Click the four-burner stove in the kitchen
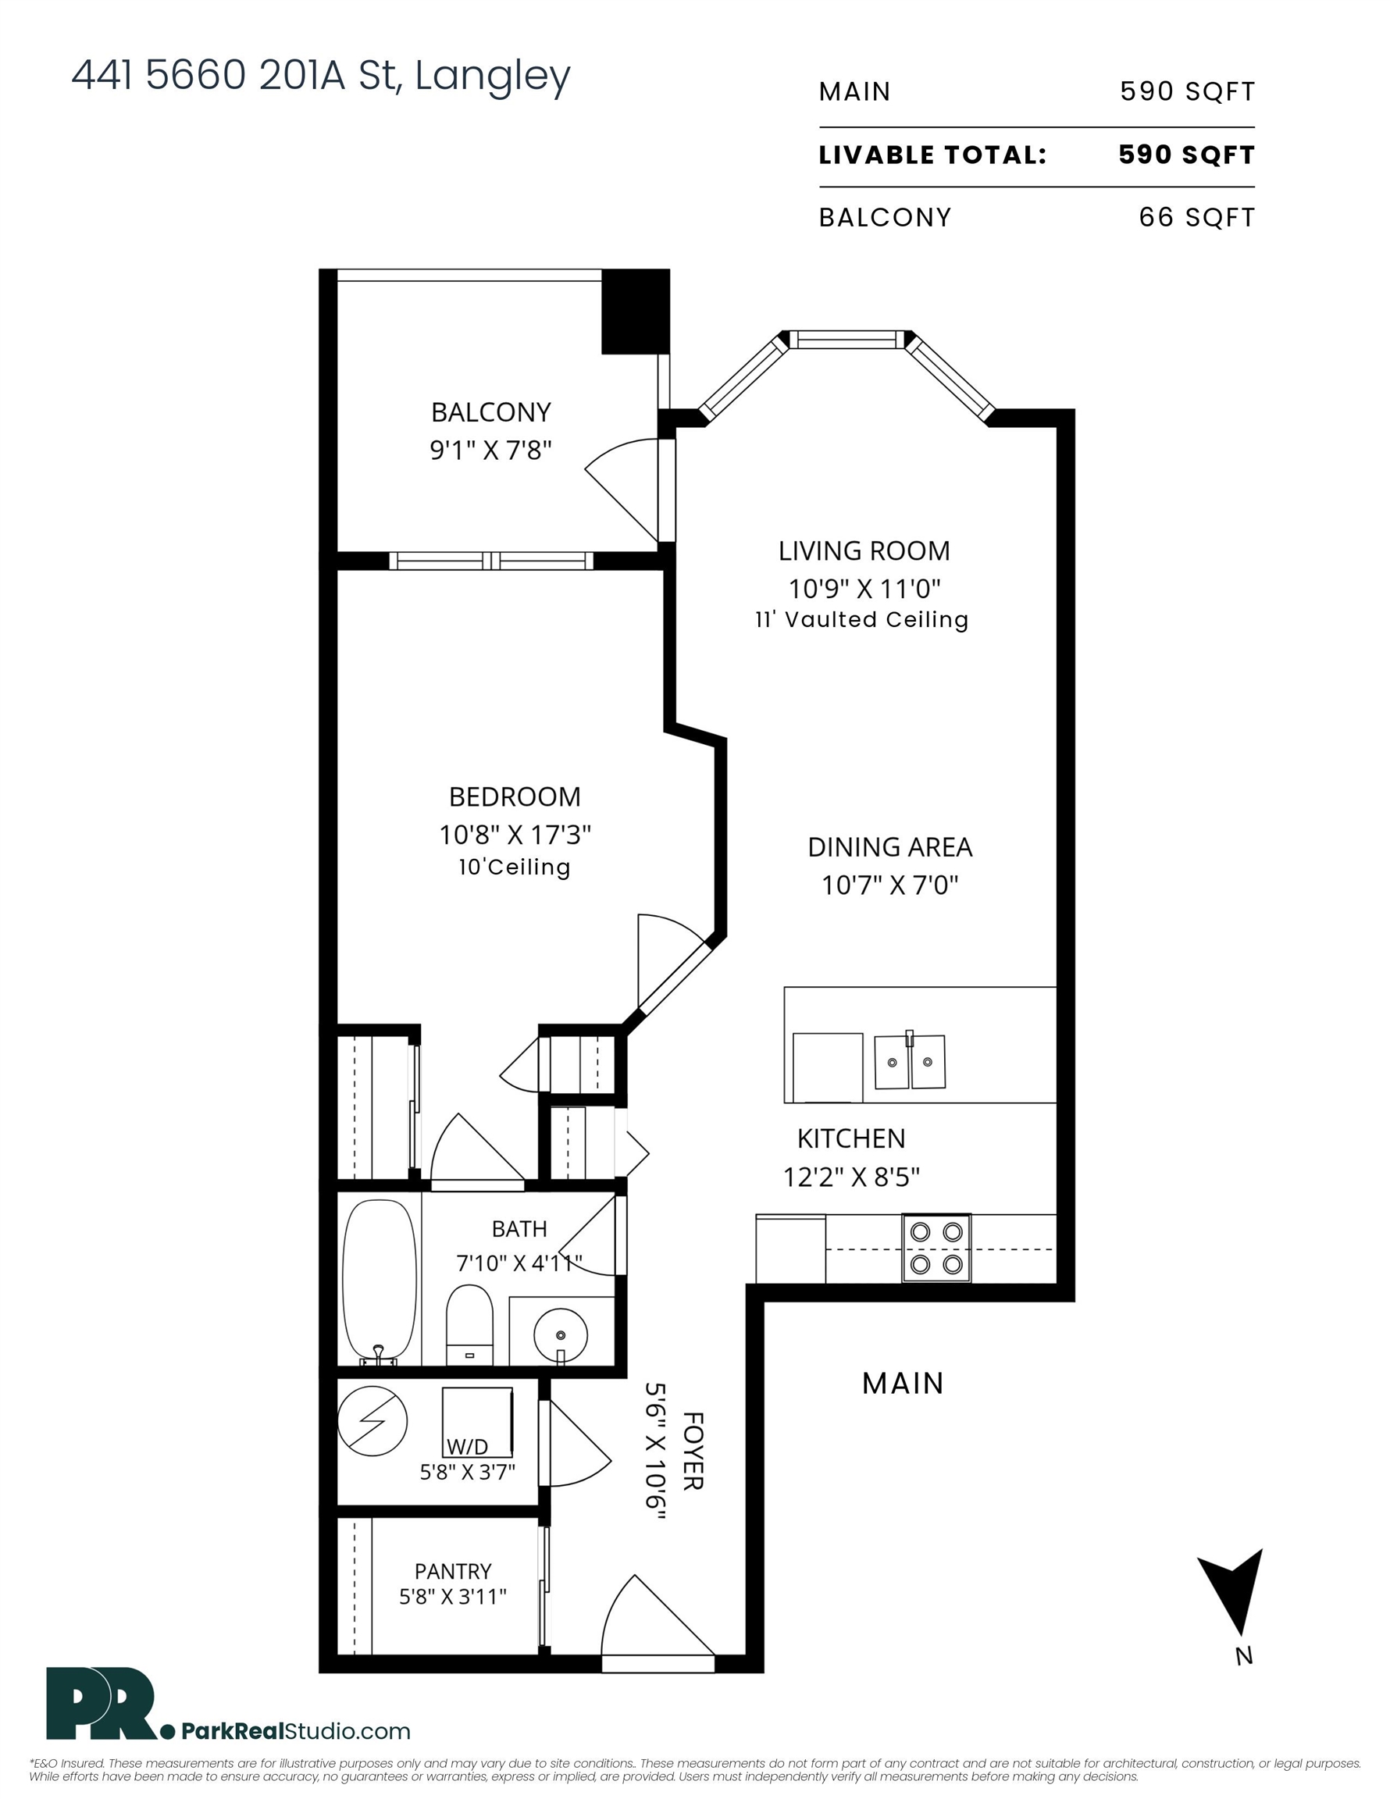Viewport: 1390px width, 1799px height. [x=937, y=1248]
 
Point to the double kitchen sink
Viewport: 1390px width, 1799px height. [x=910, y=1061]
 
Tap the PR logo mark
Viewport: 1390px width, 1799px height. [x=102, y=1703]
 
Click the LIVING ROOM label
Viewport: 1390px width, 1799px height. [x=864, y=550]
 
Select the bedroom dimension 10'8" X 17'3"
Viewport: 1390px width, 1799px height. [x=515, y=835]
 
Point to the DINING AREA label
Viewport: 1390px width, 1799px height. [x=890, y=846]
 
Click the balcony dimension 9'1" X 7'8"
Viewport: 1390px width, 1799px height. [x=490, y=450]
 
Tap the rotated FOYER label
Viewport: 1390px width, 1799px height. [x=693, y=1451]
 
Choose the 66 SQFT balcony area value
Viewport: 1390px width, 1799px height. [x=1197, y=218]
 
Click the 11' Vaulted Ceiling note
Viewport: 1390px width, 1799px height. [x=862, y=619]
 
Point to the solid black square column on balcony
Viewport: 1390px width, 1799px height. [x=636, y=312]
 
